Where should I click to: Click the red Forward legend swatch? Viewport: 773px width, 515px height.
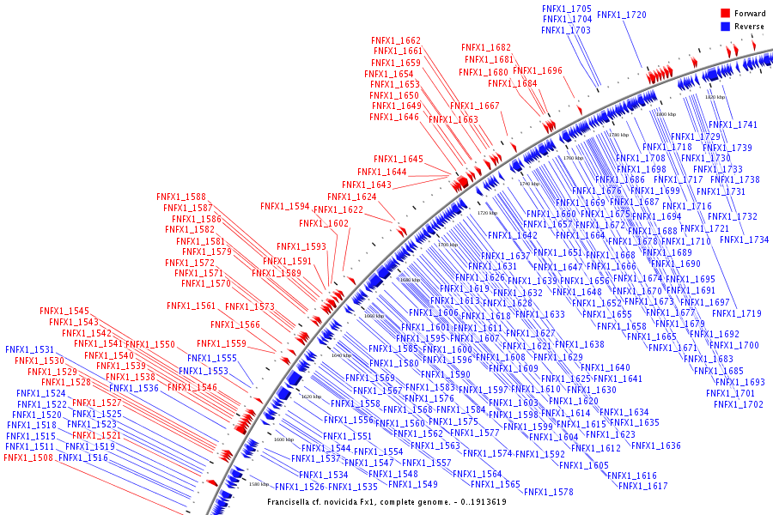coord(725,14)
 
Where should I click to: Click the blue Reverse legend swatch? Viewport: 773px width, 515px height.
coord(725,27)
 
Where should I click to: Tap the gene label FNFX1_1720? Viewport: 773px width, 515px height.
coord(622,15)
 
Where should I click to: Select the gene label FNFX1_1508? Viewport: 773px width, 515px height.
coord(28,458)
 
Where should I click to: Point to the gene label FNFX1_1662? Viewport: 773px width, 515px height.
coord(396,40)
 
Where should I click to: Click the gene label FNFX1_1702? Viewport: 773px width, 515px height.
coord(738,404)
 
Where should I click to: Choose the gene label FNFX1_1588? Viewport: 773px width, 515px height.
coord(181,197)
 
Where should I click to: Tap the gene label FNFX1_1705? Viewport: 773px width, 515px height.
coord(567,8)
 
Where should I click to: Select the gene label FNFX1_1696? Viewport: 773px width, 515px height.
coord(538,70)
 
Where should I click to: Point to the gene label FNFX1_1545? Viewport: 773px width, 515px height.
coord(64,311)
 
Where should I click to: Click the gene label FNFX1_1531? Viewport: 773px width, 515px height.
coord(29,350)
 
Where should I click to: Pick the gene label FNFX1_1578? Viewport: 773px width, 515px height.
coord(548,492)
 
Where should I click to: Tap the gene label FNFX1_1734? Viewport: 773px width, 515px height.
coord(745,239)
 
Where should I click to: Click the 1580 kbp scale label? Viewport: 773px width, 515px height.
coord(258,484)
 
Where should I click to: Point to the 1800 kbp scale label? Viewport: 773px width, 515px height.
coord(666,113)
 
